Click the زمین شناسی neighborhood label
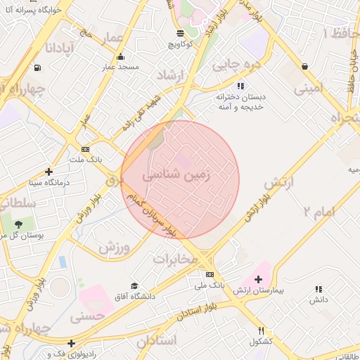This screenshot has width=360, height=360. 176,174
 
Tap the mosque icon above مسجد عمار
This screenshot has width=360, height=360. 122,56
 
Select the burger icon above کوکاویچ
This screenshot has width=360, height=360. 181,33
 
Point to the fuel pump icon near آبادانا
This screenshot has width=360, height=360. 37,68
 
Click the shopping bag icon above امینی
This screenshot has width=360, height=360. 304,67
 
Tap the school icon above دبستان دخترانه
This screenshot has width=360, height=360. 240,85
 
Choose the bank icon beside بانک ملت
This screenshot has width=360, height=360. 86,149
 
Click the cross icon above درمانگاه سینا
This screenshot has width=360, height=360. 49,172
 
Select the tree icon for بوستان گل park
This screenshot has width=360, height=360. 18,224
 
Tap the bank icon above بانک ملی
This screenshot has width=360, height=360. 210,274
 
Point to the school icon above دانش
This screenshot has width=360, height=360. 319,289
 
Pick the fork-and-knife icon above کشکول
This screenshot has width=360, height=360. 261,330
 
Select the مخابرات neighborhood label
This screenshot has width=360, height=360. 176,258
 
